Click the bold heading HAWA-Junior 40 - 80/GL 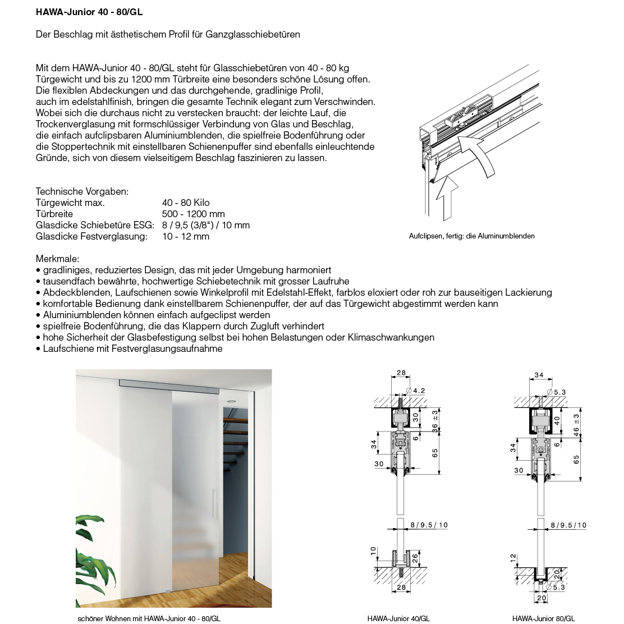(x=93, y=12)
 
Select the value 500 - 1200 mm (x=193, y=214)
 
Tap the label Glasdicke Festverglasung (x=91, y=236)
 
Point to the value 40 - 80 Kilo (x=186, y=203)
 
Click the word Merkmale (x=57, y=259)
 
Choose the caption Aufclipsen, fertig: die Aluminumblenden (x=471, y=236)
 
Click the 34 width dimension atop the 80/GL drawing (x=539, y=375)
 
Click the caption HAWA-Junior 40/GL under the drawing (x=398, y=618)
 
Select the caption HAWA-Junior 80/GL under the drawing (x=543, y=618)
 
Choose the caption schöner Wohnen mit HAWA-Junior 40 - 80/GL (x=149, y=618)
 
